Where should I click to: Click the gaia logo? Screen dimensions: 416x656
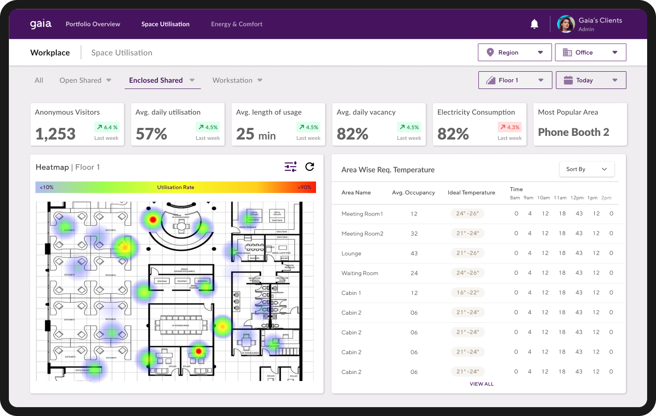[x=41, y=24]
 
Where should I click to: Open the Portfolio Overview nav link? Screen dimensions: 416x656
[x=93, y=24]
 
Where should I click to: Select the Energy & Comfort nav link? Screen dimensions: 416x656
[x=237, y=24]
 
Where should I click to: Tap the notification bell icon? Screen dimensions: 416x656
[x=535, y=24]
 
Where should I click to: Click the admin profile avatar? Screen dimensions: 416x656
[x=566, y=24]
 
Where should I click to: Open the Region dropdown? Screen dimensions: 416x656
[x=515, y=52]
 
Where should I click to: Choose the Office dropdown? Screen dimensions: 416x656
[x=590, y=52]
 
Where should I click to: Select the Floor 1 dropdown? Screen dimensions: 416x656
[x=515, y=80]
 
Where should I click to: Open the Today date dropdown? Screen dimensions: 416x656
[x=591, y=80]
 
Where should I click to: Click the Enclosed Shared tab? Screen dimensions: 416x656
[x=156, y=80]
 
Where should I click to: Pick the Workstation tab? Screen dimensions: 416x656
[x=232, y=80]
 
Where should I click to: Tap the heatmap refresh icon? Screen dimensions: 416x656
[x=310, y=166]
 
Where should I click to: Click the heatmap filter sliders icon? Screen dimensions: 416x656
[x=290, y=166]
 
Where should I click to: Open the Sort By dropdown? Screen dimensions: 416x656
[x=586, y=169]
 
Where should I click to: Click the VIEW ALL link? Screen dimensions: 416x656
[x=481, y=384]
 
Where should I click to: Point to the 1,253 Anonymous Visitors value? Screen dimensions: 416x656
[x=55, y=134]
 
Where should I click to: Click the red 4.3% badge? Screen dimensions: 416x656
[x=509, y=127]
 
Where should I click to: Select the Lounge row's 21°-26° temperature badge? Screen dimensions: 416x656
[x=468, y=253]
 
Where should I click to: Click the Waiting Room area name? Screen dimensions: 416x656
[x=359, y=273]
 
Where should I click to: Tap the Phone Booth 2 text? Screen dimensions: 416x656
[x=574, y=132]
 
